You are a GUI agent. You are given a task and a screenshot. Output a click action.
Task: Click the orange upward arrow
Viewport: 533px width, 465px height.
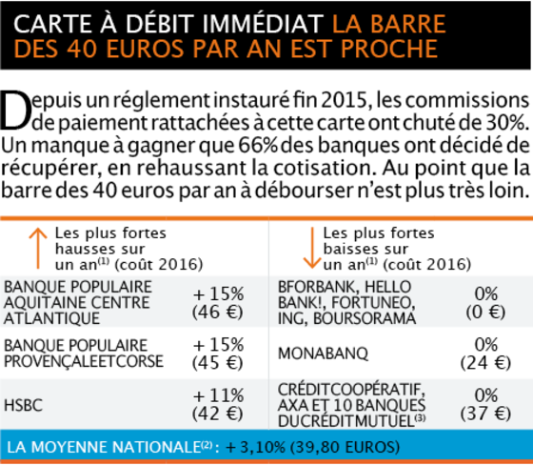click(38, 248)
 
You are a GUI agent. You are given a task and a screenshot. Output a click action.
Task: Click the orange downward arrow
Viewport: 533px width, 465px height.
click(312, 248)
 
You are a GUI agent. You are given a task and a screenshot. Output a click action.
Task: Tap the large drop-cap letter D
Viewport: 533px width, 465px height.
click(15, 111)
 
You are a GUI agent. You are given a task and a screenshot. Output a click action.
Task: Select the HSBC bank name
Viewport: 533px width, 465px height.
click(23, 405)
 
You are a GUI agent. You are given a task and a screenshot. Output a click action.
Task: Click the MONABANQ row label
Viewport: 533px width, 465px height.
click(323, 354)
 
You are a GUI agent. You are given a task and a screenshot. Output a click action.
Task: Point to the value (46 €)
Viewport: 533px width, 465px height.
click(218, 312)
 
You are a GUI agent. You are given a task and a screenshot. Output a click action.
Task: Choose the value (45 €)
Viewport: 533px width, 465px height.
click(218, 363)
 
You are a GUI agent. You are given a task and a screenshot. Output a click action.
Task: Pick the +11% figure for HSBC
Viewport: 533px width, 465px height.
click(219, 395)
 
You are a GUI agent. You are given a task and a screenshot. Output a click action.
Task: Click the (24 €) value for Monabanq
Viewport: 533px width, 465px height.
click(485, 363)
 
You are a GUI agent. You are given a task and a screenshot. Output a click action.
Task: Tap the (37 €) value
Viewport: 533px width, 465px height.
click(485, 414)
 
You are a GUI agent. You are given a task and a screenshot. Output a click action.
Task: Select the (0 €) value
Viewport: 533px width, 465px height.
click(485, 312)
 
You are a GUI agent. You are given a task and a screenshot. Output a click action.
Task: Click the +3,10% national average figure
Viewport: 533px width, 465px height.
click(256, 447)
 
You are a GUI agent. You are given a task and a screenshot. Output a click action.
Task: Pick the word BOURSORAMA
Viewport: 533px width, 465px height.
click(365, 318)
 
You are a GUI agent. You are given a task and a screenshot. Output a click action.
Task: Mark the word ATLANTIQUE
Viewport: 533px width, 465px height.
click(51, 318)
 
